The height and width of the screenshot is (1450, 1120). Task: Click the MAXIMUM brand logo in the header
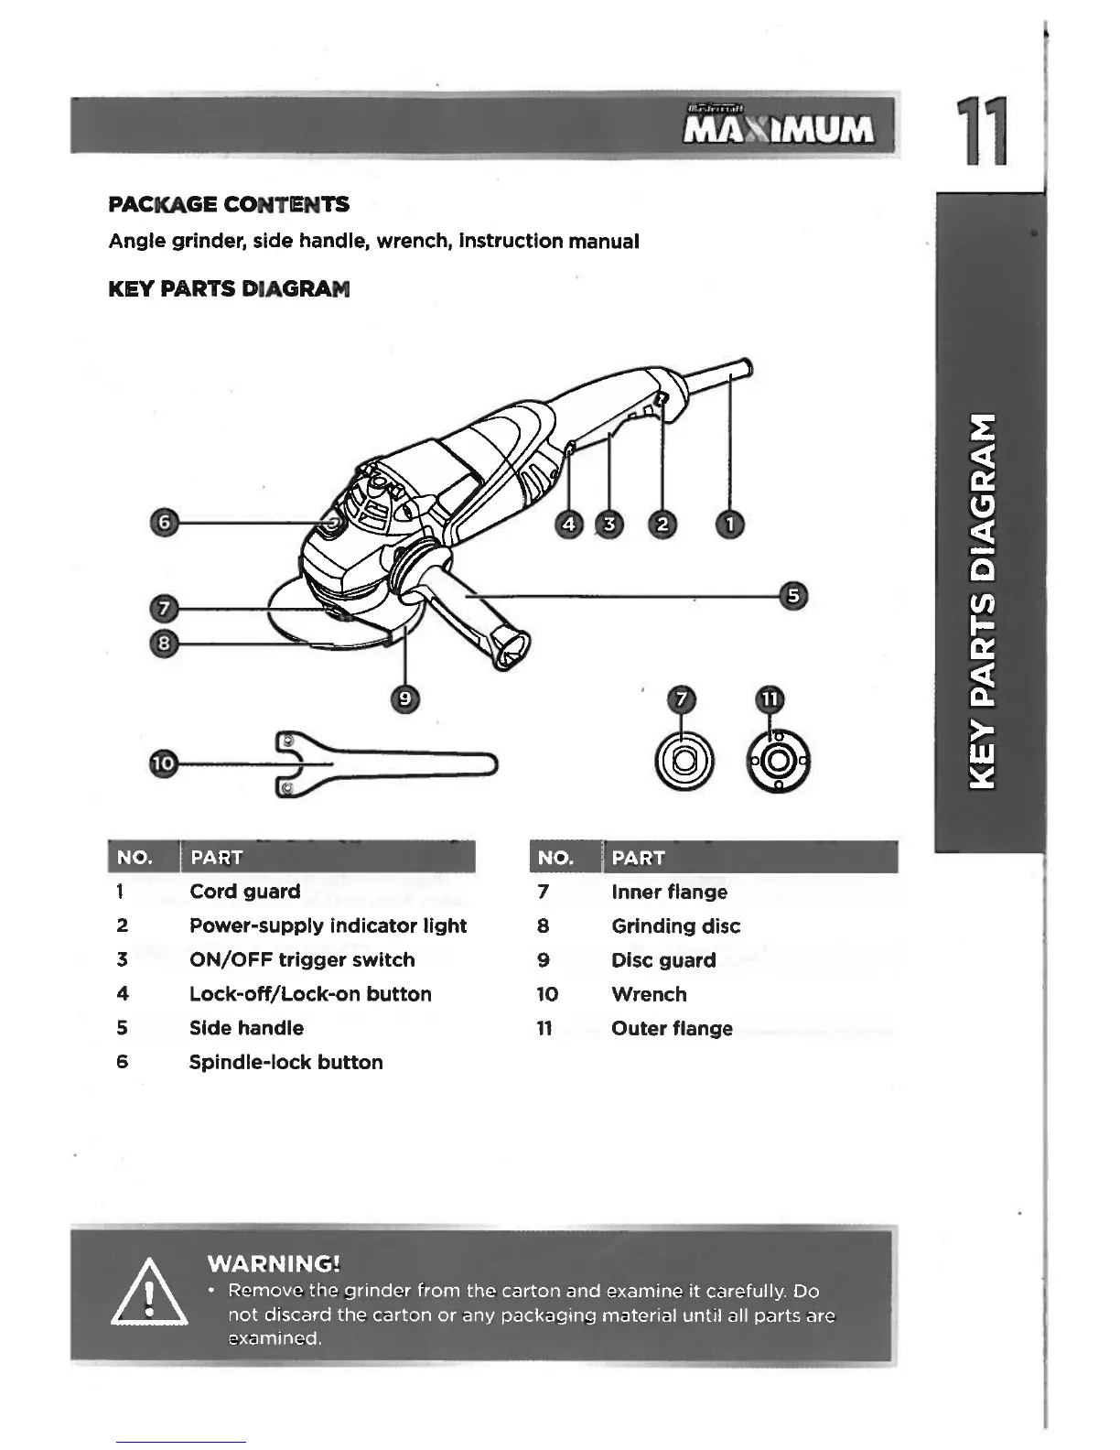click(780, 129)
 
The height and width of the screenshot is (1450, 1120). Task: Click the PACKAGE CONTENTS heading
click(228, 204)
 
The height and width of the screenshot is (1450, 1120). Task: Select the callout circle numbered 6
click(164, 523)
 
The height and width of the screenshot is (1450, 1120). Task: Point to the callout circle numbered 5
click(793, 596)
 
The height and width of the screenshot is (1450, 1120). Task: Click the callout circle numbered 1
click(730, 524)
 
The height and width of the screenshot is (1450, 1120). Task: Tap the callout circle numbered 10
click(163, 763)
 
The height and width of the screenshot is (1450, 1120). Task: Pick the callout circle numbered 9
click(404, 699)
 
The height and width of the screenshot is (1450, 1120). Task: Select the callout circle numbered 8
click(163, 644)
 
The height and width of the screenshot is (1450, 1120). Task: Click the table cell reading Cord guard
click(244, 892)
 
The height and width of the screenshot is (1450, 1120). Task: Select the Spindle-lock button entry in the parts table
click(285, 1062)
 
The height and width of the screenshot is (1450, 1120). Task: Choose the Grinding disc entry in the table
click(675, 925)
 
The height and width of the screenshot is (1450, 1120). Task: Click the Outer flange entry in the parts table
click(672, 1028)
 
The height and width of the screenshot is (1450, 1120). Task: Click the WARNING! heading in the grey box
click(274, 1264)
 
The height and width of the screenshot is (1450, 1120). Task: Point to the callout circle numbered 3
click(608, 524)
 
